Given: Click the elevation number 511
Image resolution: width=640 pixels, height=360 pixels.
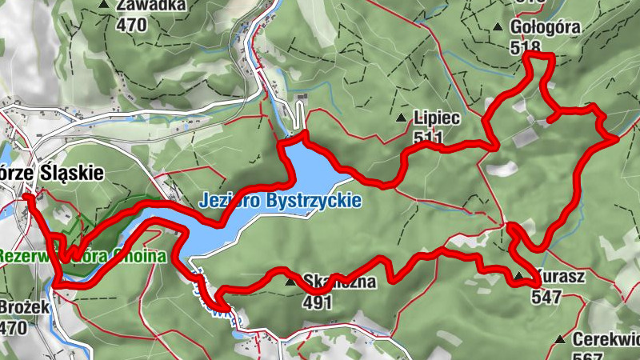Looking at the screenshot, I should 429,138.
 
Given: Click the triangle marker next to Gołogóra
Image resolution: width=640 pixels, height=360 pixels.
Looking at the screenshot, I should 498,28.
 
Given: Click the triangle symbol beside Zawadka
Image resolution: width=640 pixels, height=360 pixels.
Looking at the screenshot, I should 104,5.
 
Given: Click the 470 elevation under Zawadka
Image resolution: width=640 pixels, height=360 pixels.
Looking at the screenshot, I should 133,23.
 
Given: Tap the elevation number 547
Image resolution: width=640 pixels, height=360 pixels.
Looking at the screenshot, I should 547,297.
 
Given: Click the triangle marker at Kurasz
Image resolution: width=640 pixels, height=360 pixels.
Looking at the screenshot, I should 520,278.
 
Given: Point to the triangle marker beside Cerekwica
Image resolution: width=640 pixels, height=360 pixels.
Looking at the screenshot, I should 559,339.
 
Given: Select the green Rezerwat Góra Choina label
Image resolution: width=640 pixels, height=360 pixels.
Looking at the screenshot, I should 80,258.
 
